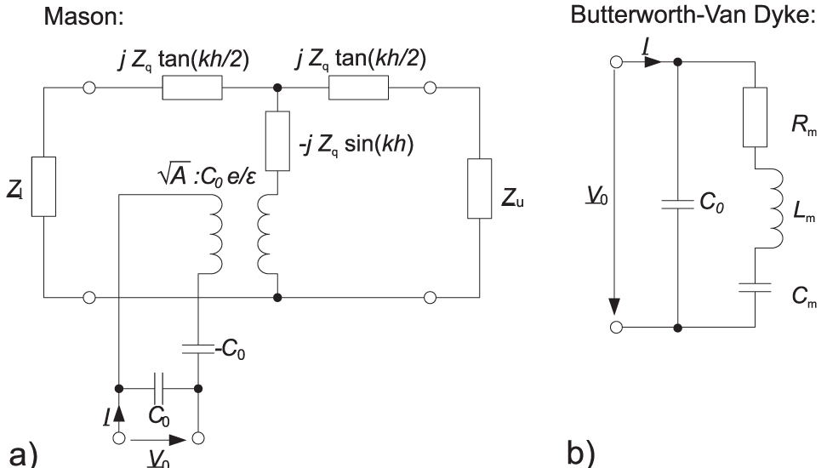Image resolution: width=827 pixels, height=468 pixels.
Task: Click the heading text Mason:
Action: (x=81, y=16)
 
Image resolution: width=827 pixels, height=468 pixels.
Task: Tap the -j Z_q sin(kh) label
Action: (x=341, y=143)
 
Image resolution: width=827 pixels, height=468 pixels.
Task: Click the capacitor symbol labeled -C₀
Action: (x=197, y=349)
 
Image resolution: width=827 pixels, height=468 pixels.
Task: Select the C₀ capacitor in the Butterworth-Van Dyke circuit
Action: (x=676, y=206)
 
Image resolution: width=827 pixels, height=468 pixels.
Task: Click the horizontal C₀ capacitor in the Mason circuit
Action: (x=157, y=388)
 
